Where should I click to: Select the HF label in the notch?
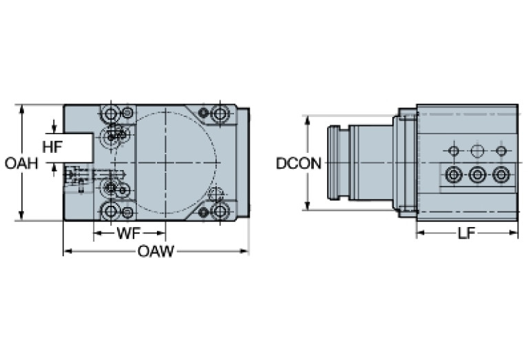pos(53,147)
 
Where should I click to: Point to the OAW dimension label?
pos(156,251)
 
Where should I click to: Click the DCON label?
pos(299,163)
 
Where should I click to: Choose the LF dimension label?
pos(467,233)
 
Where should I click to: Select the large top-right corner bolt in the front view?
pos(220,113)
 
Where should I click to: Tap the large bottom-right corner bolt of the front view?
pos(220,211)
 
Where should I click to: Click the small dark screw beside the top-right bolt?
pos(203,113)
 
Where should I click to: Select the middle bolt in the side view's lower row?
pos(477,175)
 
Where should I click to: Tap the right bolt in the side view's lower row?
pos(501,175)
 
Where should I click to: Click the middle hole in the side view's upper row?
pos(477,151)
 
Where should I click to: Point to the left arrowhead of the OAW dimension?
pos(67,251)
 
